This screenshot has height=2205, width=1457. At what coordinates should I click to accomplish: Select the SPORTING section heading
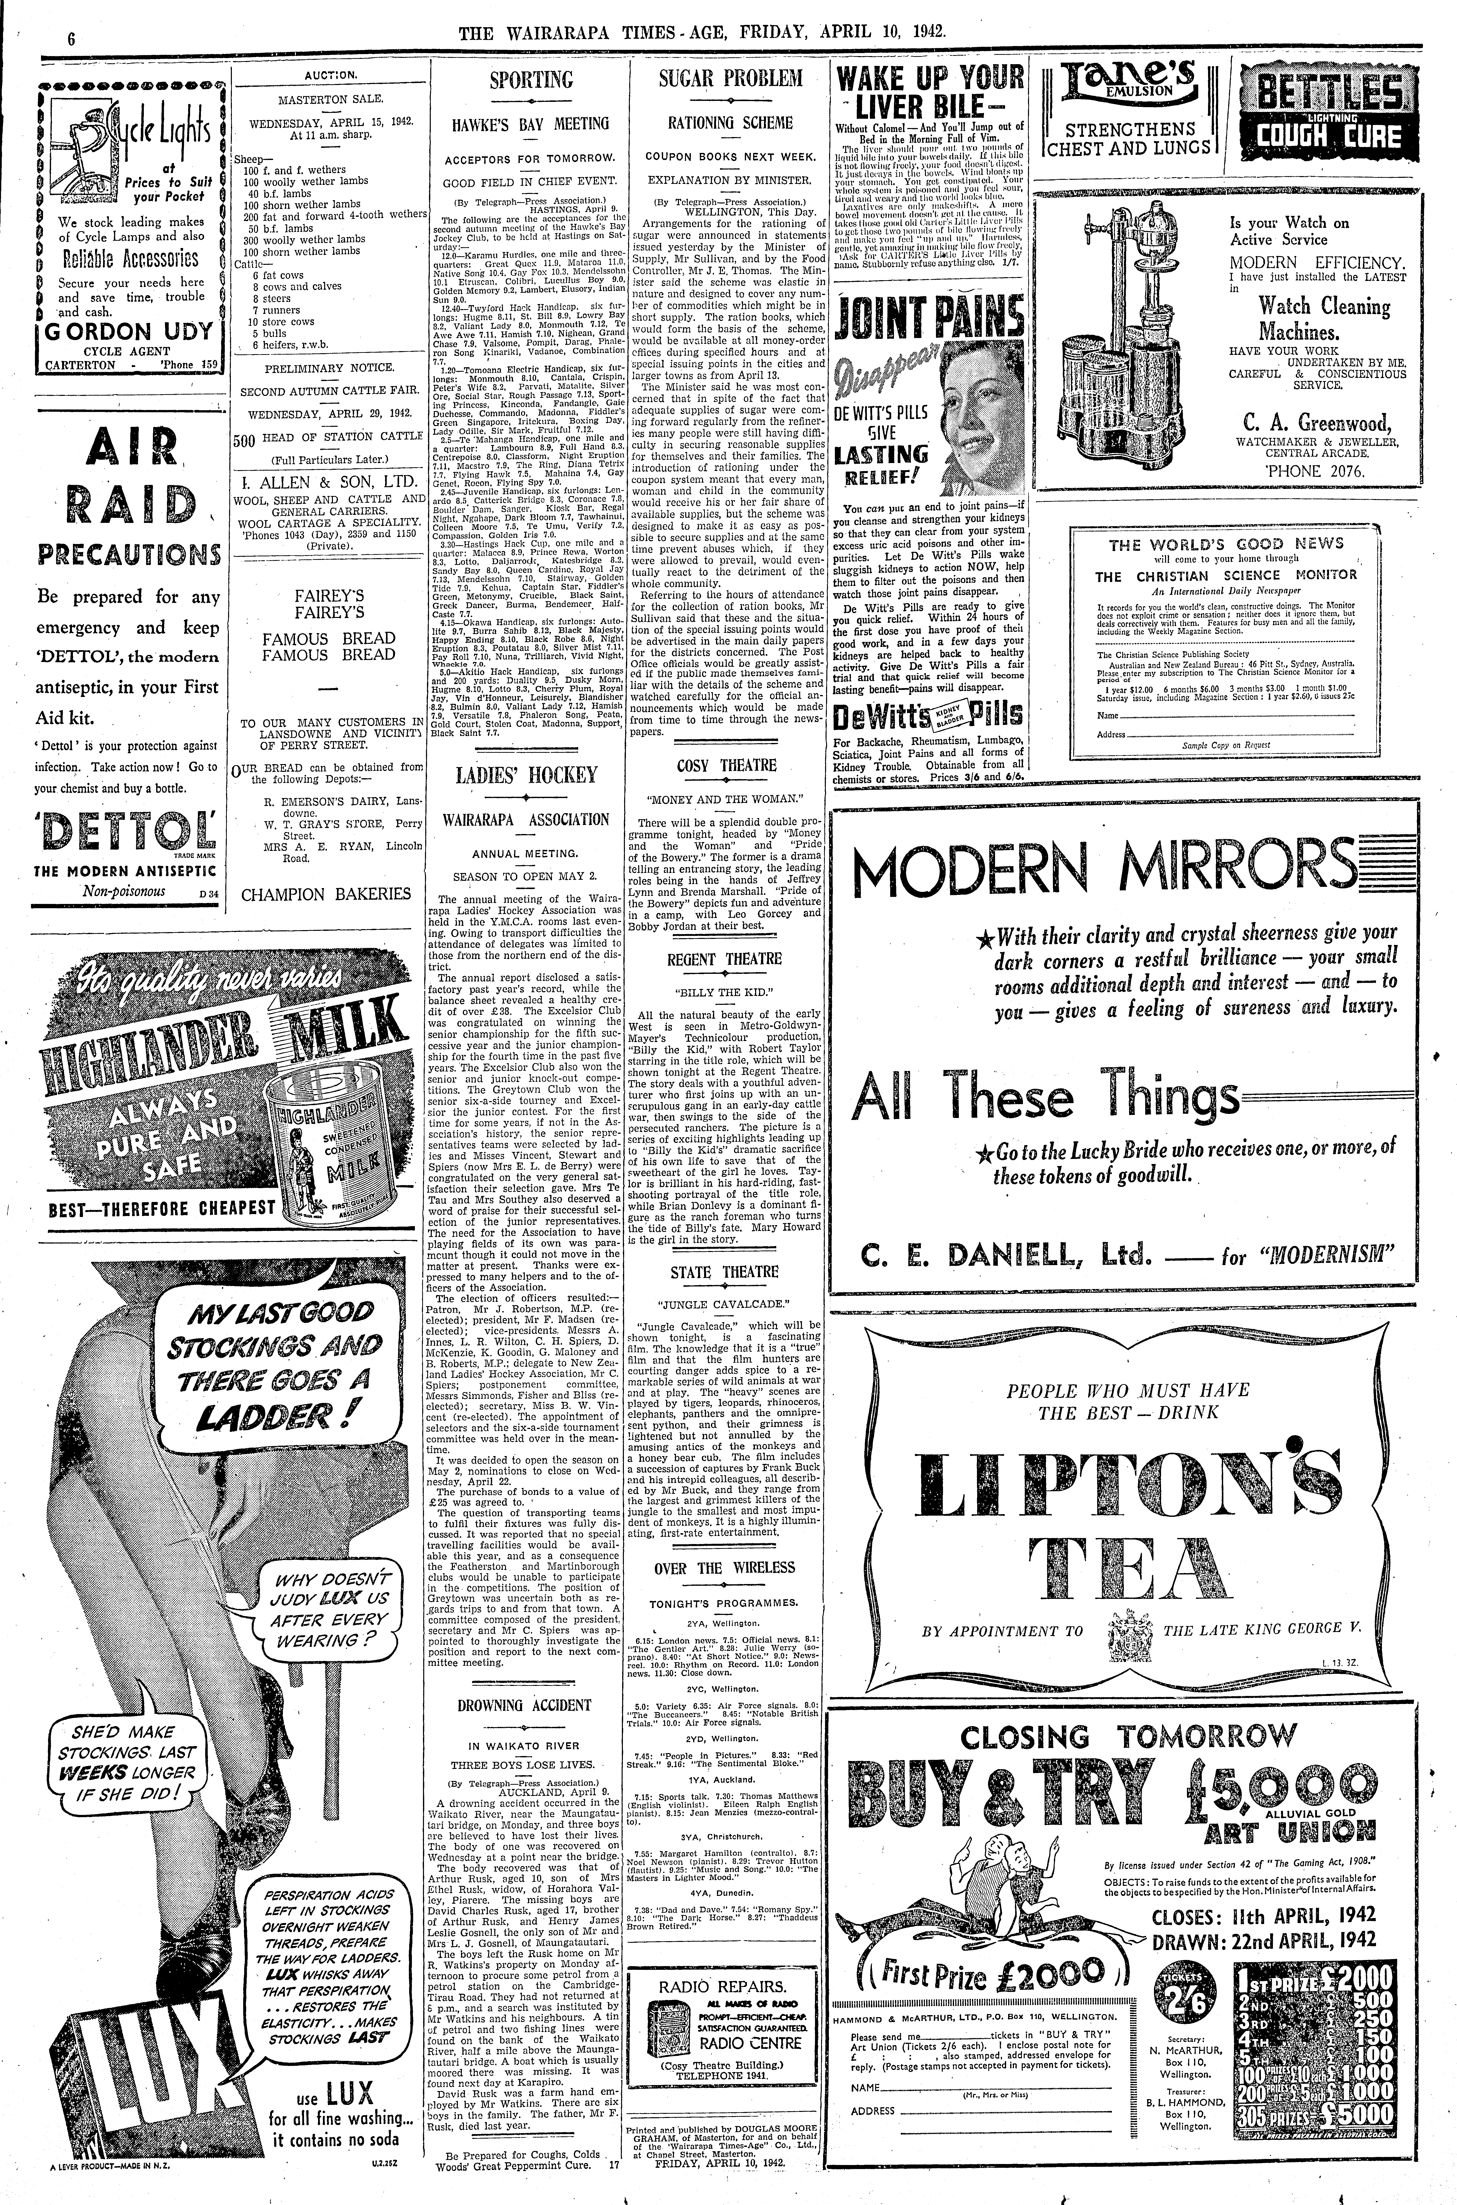[531, 80]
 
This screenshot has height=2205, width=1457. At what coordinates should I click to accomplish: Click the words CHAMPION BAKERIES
[325, 894]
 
